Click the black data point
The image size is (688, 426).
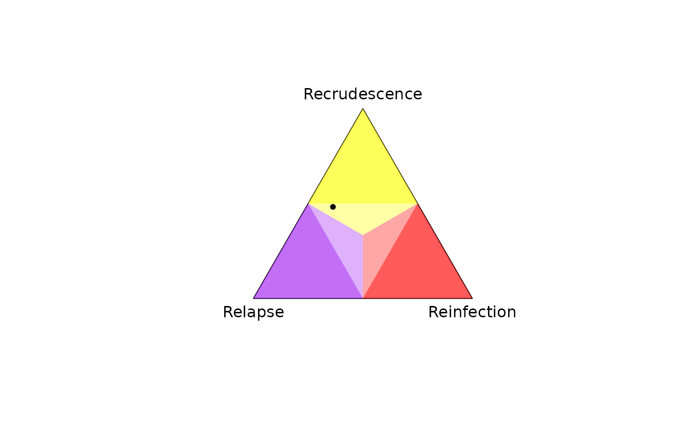coord(333,207)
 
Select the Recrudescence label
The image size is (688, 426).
coord(363,94)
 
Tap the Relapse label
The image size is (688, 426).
coord(254,312)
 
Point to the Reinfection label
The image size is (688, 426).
coord(472,312)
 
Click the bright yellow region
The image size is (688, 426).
coord(363,172)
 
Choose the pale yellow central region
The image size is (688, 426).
coord(363,215)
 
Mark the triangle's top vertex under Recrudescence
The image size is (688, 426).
coord(363,109)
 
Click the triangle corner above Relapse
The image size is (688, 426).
coord(254,298)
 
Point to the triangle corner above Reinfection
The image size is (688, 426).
coord(472,298)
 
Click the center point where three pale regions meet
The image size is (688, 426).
coord(363,235)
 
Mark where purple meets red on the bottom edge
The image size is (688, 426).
coord(363,298)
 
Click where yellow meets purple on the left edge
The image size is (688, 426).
coord(308,204)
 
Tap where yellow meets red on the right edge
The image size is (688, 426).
coord(417,204)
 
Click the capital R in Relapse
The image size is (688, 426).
coord(228,312)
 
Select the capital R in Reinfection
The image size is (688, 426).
coord(433,312)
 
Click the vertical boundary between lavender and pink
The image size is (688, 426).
coord(363,267)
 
